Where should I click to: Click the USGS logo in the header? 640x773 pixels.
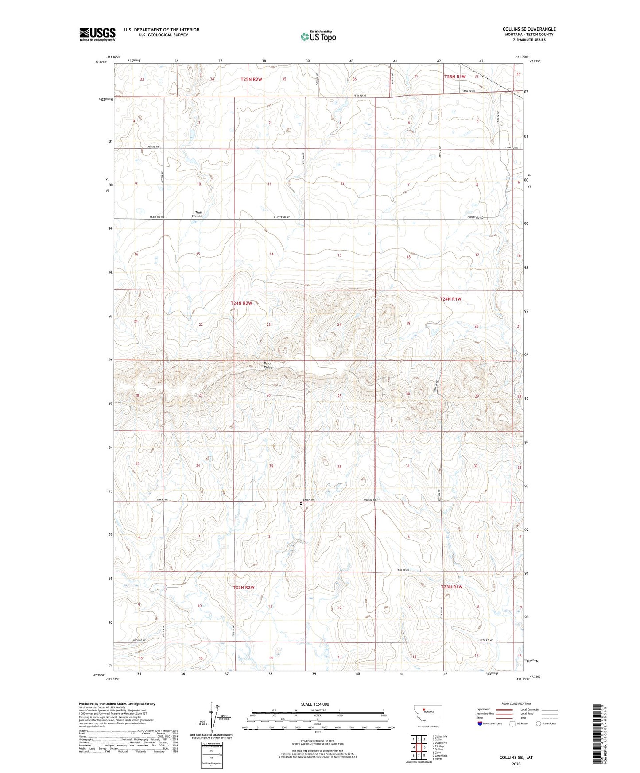coord(97,34)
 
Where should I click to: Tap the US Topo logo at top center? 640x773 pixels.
coord(318,36)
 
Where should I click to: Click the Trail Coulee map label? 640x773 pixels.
coord(197,214)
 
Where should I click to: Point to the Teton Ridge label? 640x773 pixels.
coord(268,365)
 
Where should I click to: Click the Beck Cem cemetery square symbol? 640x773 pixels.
coord(301,503)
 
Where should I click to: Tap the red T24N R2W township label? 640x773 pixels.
coord(241,303)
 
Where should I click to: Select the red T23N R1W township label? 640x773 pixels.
coord(451,587)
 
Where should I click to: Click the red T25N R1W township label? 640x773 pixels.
coord(455,77)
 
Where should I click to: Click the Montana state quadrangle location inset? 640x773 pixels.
coord(427,713)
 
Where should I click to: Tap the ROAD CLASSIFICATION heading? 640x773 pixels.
coord(516,703)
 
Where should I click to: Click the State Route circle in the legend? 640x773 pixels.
coord(539,724)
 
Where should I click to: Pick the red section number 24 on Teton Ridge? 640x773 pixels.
coord(339,325)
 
